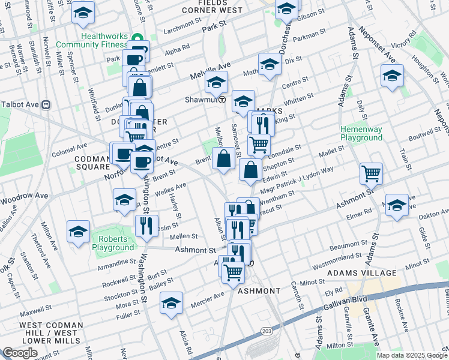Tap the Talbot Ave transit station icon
pyautogui.click(x=46, y=104)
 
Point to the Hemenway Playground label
pyautogui.click(x=361, y=133)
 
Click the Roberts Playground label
pyautogui.click(x=113, y=244)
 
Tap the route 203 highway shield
pyautogui.click(x=266, y=332)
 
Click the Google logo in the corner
pyautogui.click(x=20, y=353)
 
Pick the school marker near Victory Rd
pyautogui.click(x=392, y=76)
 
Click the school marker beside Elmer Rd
pyautogui.click(x=396, y=205)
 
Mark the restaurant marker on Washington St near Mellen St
pyautogui.click(x=146, y=226)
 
